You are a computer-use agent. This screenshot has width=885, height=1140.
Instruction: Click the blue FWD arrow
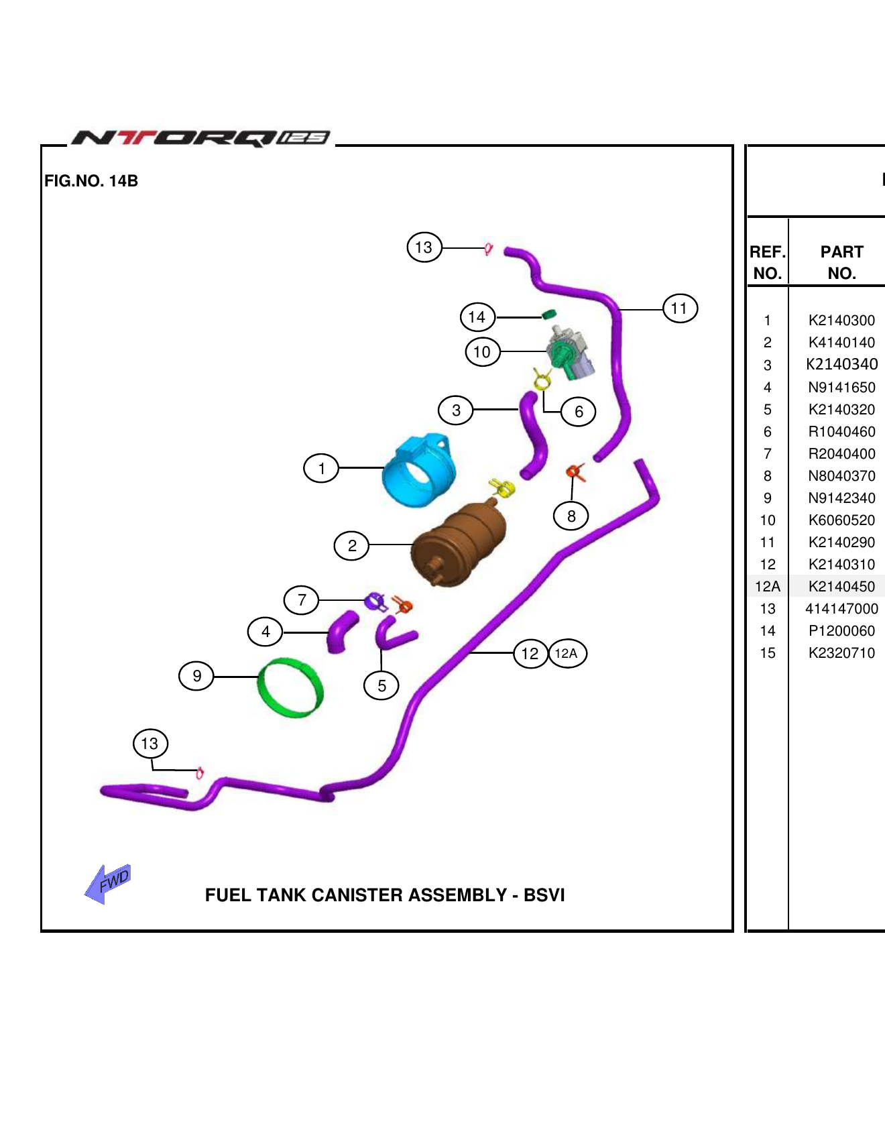107,884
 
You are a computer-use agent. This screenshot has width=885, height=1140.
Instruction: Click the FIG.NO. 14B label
91,181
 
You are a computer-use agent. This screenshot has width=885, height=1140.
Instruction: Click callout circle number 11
680,308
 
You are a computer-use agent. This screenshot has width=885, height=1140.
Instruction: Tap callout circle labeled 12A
567,653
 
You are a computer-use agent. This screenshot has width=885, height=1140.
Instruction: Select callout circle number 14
477,317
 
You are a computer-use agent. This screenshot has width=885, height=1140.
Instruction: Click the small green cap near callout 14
549,314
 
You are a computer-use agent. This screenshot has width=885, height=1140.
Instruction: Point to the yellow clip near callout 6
542,381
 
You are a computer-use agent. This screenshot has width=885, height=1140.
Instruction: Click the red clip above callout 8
575,472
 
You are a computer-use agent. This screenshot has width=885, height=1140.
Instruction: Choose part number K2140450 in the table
841,587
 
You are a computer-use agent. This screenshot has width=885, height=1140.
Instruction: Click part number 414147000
841,609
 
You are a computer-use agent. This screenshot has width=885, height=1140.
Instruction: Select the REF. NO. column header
768,262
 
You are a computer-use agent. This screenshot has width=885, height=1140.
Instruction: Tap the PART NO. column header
841,262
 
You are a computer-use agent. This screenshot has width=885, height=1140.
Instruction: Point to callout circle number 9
196,676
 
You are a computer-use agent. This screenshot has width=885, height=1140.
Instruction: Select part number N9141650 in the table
841,388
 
